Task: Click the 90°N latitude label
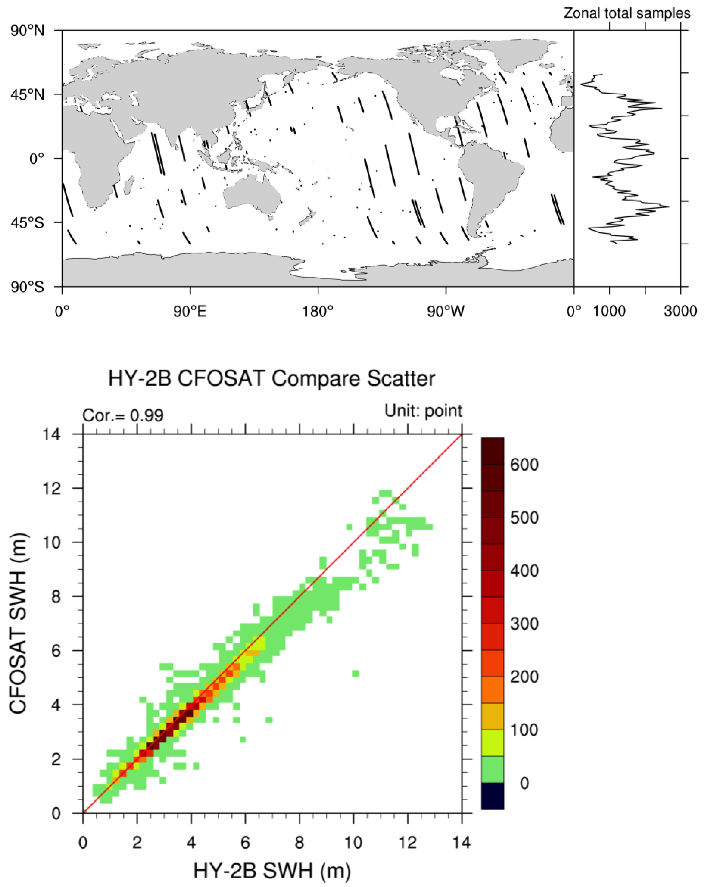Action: [x=27, y=31]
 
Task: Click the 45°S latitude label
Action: [x=27, y=223]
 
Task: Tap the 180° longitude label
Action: [x=318, y=311]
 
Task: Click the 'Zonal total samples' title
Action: [x=627, y=13]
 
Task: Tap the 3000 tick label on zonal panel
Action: [x=680, y=311]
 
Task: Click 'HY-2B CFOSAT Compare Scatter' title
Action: [x=271, y=379]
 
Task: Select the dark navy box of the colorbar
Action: [x=492, y=796]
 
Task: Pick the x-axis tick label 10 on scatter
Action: [x=353, y=843]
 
